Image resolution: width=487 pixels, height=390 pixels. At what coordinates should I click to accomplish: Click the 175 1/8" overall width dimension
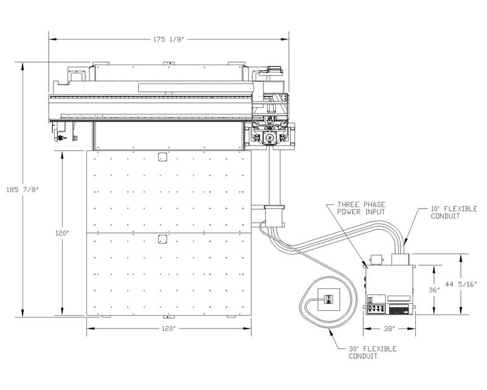pos(169,39)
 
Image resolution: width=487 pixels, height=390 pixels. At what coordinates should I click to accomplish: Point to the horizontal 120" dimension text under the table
pos(169,329)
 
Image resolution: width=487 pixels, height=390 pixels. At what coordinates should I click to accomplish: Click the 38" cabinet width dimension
pos(388,329)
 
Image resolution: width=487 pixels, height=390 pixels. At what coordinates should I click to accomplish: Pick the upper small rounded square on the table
pos(163,157)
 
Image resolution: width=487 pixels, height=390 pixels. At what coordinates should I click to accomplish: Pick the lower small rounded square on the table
pos(163,238)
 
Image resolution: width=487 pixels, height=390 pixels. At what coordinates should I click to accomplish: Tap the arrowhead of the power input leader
pos(368,266)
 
